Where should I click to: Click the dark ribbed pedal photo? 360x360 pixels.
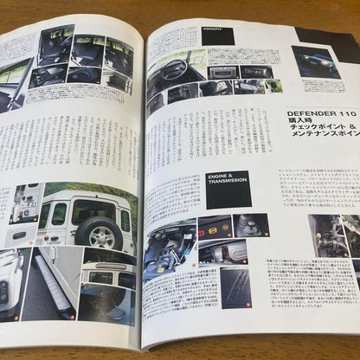233,286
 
